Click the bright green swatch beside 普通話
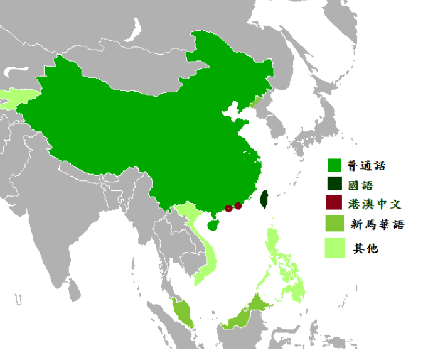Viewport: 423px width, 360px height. click(334, 166)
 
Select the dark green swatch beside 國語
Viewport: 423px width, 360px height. click(334, 185)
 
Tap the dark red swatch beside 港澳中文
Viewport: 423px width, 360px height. click(334, 204)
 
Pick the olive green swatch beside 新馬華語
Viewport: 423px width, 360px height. click(334, 224)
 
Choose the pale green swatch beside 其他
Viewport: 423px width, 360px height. click(334, 248)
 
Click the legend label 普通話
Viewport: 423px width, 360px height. click(367, 166)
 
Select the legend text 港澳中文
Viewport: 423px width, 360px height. click(375, 204)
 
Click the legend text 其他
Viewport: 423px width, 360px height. click(365, 248)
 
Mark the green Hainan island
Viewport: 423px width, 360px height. click(213, 224)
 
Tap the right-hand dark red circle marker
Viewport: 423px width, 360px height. click(238, 206)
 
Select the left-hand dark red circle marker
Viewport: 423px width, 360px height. click(228, 209)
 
